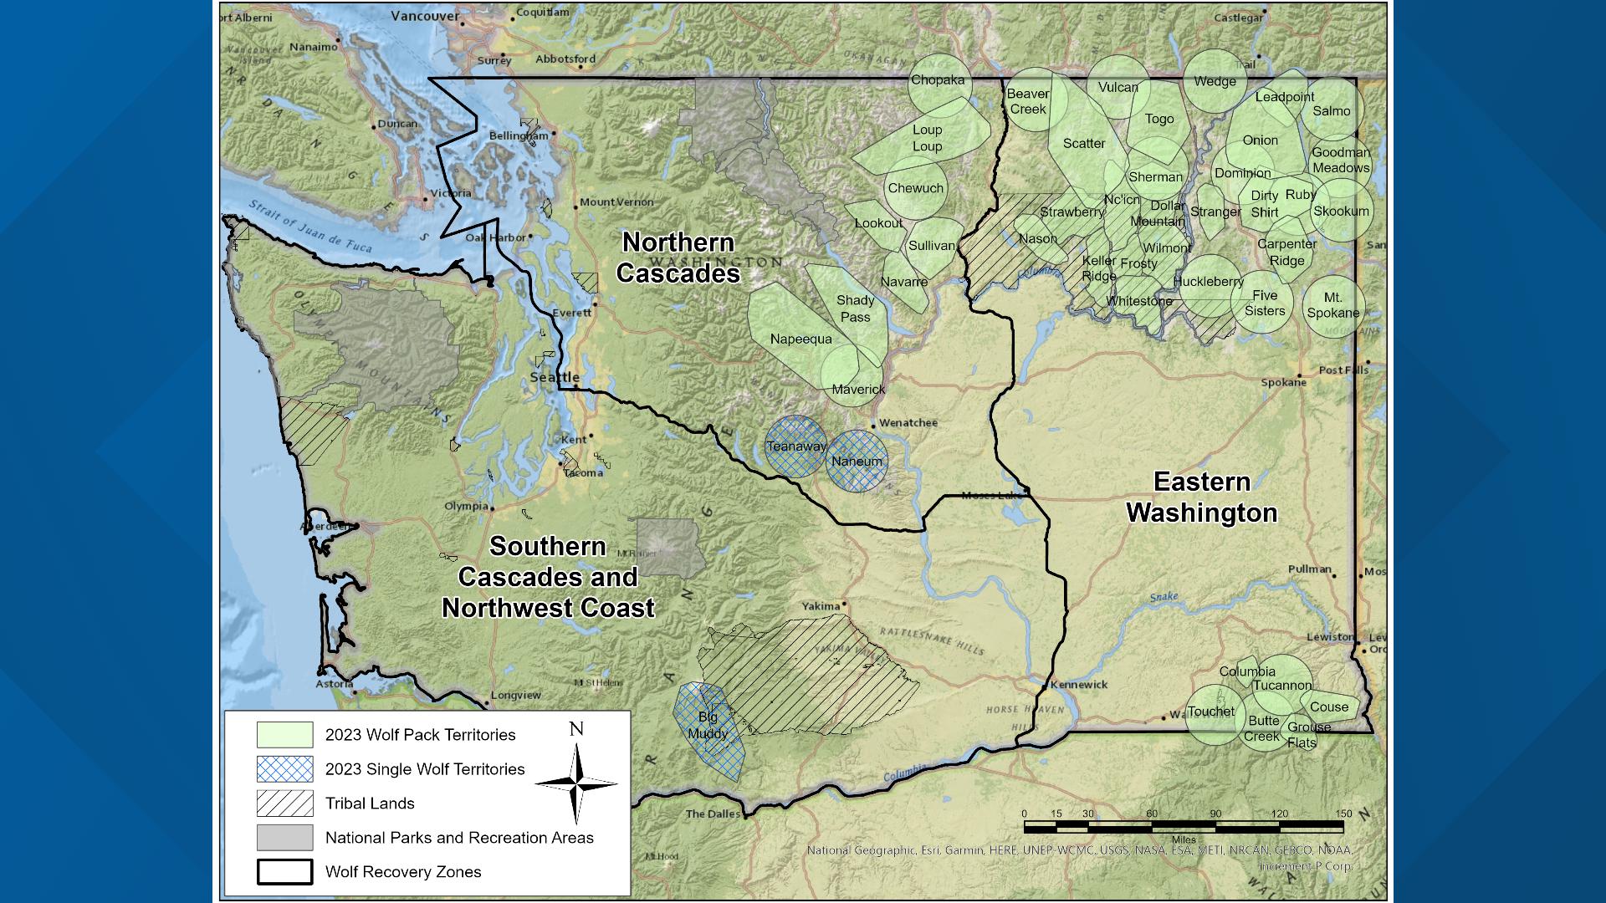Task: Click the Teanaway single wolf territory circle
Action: click(x=795, y=446)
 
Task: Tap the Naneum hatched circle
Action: click(x=857, y=462)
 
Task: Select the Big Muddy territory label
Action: click(x=708, y=726)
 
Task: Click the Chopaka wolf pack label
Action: click(x=938, y=80)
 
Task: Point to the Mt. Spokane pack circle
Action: click(x=1332, y=306)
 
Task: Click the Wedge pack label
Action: click(x=1215, y=81)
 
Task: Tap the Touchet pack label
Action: click(x=1210, y=712)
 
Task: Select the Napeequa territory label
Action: click(x=800, y=339)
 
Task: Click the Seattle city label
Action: click(x=555, y=377)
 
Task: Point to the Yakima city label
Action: click(x=820, y=606)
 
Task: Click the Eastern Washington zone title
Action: click(x=1202, y=497)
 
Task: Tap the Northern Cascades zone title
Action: click(x=678, y=258)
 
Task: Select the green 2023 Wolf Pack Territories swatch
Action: click(x=284, y=735)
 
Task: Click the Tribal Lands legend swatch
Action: click(x=284, y=804)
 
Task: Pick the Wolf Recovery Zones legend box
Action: click(x=284, y=872)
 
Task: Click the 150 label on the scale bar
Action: click(x=1343, y=814)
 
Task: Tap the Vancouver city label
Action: click(x=425, y=16)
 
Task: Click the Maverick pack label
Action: click(x=858, y=390)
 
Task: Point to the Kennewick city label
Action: click(x=1079, y=684)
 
